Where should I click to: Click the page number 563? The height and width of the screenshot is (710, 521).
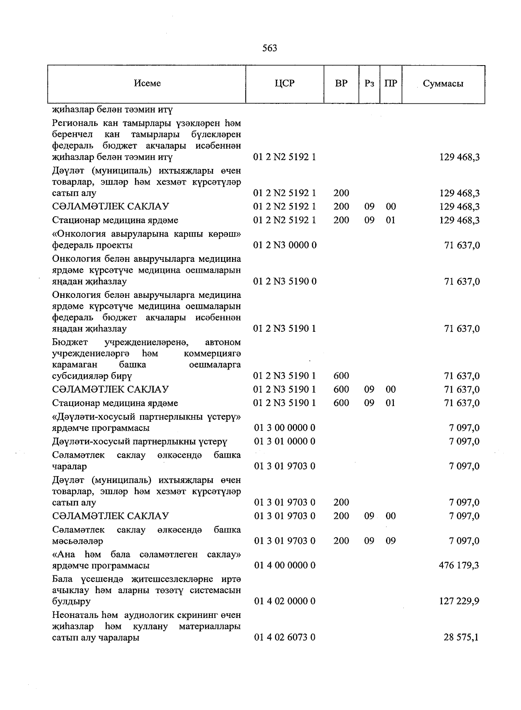coord(270,48)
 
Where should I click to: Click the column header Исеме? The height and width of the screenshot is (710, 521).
coord(147,83)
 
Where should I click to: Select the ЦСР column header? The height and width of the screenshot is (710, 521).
coord(285,83)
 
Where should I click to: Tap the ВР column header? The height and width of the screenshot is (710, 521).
coord(341,83)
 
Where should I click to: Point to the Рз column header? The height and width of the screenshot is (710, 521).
coord(369,83)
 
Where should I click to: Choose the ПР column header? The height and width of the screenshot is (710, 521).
coord(391,83)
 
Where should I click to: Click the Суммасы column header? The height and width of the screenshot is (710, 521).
coord(443,84)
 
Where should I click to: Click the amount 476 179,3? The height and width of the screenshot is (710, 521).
coord(459,565)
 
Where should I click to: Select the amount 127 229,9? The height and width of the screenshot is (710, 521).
coord(459,601)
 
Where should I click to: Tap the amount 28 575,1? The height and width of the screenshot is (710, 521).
coord(462,637)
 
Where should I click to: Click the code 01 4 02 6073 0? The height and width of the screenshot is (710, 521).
coord(284,637)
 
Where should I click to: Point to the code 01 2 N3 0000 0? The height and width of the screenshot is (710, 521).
coord(285,245)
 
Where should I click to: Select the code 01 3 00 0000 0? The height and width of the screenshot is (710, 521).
coord(284,428)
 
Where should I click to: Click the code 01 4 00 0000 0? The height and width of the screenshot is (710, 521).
coord(284,565)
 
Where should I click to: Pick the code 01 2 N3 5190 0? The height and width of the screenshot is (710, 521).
coord(285,281)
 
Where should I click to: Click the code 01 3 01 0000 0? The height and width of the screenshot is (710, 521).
coord(284,442)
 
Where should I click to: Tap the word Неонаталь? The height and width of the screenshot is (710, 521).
coord(75,615)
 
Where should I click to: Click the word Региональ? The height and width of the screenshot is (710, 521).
coord(75,123)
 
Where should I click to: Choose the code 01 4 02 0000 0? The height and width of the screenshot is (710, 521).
coord(284,601)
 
